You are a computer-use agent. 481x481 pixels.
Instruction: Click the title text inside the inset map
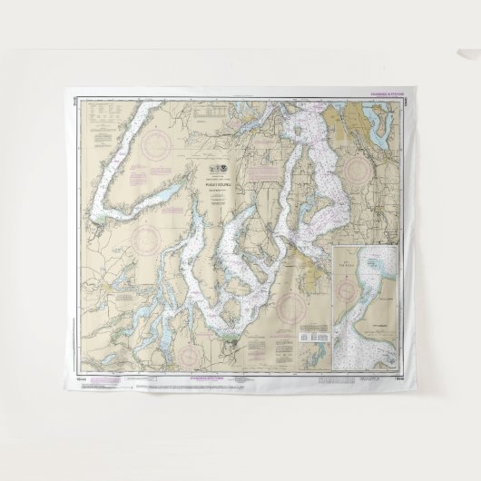click(371, 262)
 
